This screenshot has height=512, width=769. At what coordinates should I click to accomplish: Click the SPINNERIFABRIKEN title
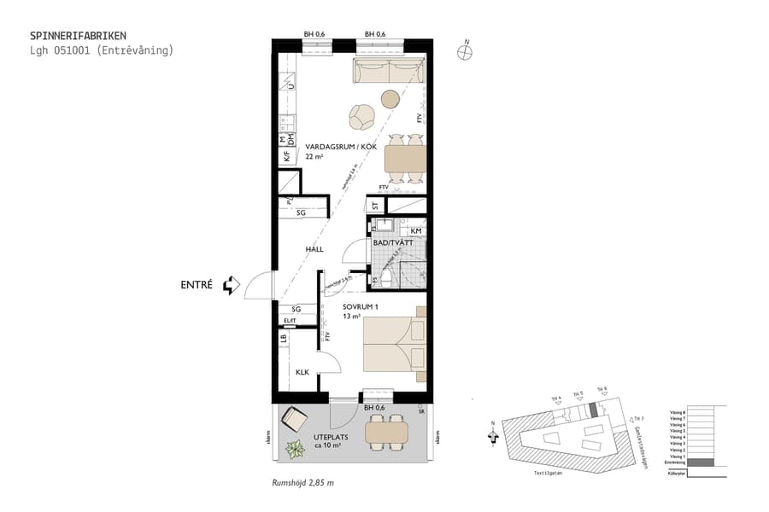coord(78,36)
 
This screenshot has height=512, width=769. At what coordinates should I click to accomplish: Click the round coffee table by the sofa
coord(390,99)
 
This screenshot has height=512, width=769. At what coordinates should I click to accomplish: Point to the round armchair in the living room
coord(361,114)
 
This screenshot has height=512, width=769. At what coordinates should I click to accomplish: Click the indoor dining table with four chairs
coord(404,159)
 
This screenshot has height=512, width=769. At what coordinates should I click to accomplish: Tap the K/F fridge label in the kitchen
coord(286,156)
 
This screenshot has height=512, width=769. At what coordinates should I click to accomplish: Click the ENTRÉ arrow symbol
coord(229,285)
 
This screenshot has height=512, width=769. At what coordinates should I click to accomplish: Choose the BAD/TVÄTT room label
coord(392,243)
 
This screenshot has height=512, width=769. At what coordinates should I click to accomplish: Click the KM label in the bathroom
coord(414,230)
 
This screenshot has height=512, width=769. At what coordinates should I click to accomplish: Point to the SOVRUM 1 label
coord(360,305)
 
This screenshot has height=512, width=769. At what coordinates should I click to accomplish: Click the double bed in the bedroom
coord(394,344)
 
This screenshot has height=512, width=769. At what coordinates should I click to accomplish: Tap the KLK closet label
coord(302,372)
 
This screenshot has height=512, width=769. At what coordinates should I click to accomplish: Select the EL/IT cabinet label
coord(290,321)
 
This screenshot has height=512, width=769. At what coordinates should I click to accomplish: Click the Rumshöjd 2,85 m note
coord(302,483)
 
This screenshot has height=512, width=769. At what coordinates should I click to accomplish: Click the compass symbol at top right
coord(465,50)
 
